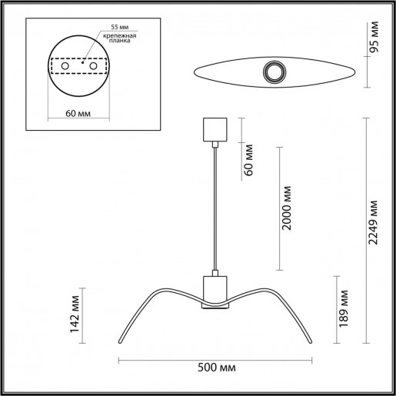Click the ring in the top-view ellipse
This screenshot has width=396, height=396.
pos(273,73)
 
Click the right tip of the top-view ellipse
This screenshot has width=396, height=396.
pos(354,72)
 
